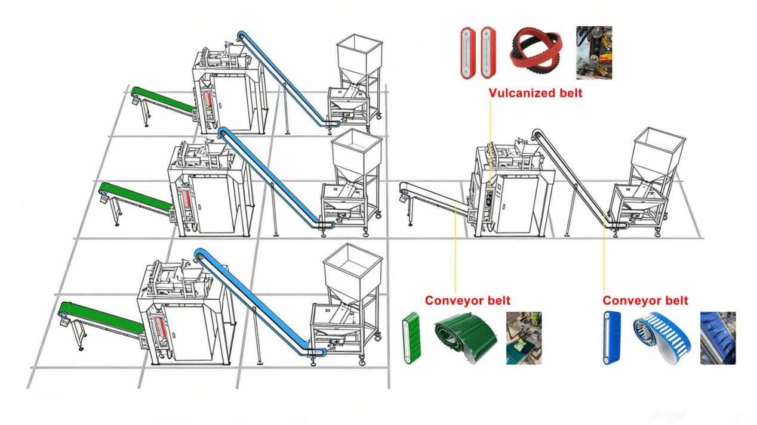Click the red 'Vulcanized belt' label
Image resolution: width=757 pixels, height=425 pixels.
coord(535,93)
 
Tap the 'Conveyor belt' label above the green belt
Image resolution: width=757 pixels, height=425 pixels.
coord(467,300)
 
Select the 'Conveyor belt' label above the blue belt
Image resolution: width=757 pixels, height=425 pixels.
coord(645,300)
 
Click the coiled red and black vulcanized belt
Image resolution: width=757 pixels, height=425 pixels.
coord(537,52)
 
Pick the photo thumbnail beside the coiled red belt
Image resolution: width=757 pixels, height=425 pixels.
coord(593,52)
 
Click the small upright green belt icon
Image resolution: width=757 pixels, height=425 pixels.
coord(411,338)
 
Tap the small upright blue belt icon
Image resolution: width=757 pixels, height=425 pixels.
coord(612,338)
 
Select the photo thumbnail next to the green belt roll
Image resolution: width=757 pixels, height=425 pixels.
coord(524,338)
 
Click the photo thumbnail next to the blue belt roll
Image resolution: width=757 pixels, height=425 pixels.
coord(718,338)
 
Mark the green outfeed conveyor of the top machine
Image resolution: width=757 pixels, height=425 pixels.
coord(162,100)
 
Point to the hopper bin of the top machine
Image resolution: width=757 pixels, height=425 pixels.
coord(358,57)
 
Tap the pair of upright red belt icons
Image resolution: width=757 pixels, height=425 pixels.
coord(478,52)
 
